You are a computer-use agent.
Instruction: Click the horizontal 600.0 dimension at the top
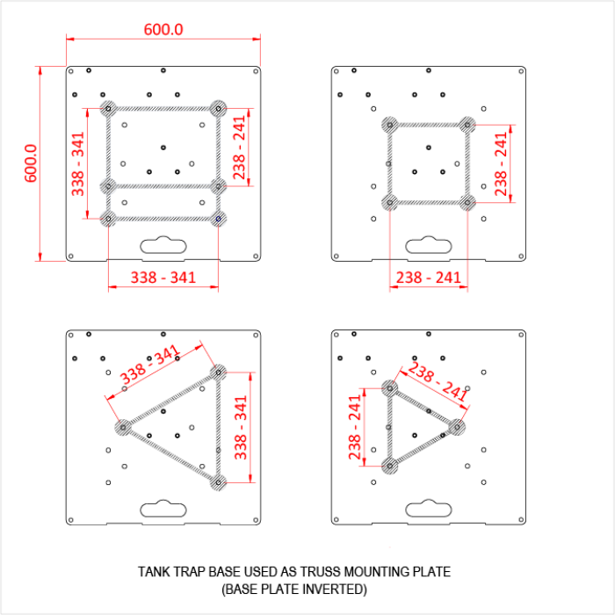(x=163, y=29)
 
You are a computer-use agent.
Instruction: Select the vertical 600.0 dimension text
(x=30, y=163)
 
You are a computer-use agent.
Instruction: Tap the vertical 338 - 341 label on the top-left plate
(x=78, y=163)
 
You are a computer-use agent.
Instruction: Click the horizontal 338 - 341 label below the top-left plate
(x=163, y=278)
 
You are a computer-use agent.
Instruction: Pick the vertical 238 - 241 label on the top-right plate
(x=501, y=163)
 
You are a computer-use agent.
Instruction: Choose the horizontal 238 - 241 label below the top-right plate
(x=428, y=278)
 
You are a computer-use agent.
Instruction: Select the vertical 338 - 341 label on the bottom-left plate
(x=240, y=427)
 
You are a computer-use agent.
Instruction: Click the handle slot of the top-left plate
(x=163, y=245)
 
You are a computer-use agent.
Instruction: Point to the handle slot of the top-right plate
(x=428, y=245)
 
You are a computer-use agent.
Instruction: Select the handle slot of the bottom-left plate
(x=163, y=508)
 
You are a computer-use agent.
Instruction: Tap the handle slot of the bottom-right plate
(x=428, y=508)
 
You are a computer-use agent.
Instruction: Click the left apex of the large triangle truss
(x=123, y=427)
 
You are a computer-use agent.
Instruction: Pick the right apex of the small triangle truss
(x=456, y=426)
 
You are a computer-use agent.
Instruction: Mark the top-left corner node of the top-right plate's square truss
(x=389, y=124)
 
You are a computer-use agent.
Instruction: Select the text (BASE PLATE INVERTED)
(x=293, y=589)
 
